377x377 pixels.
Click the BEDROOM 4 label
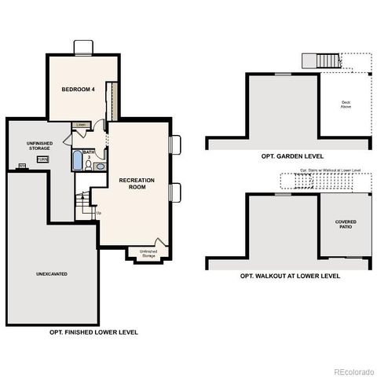(x=79, y=90)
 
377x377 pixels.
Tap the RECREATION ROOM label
(x=137, y=183)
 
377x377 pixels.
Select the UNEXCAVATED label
(x=50, y=274)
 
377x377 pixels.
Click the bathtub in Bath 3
(x=76, y=161)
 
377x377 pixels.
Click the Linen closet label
(x=80, y=125)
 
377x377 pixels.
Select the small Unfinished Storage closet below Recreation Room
(x=148, y=252)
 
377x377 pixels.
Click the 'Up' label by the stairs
(x=99, y=212)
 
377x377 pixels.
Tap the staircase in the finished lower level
(x=84, y=203)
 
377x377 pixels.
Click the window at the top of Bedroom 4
(x=83, y=47)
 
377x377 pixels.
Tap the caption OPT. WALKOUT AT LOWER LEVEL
(x=290, y=276)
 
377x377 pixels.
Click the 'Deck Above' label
(x=346, y=104)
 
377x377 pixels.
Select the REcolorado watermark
(x=353, y=372)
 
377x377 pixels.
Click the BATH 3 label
(x=89, y=154)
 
